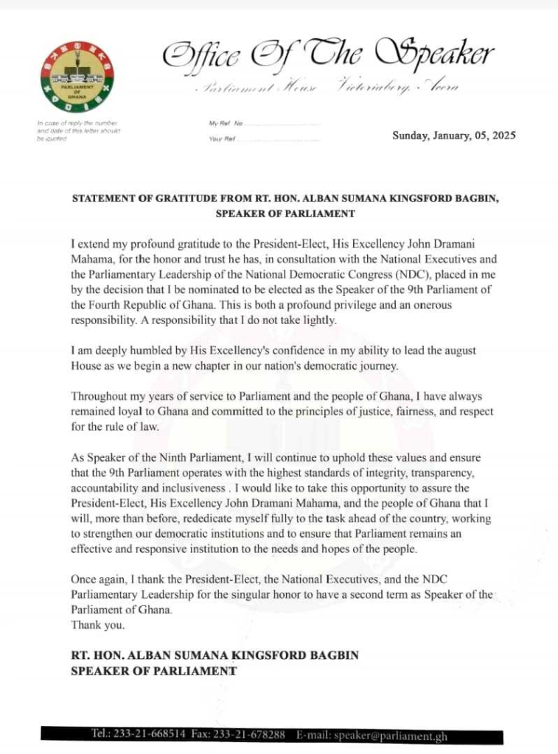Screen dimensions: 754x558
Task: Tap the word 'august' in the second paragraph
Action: pyautogui.click(x=461, y=350)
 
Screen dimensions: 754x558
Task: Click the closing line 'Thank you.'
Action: pyautogui.click(x=97, y=625)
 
